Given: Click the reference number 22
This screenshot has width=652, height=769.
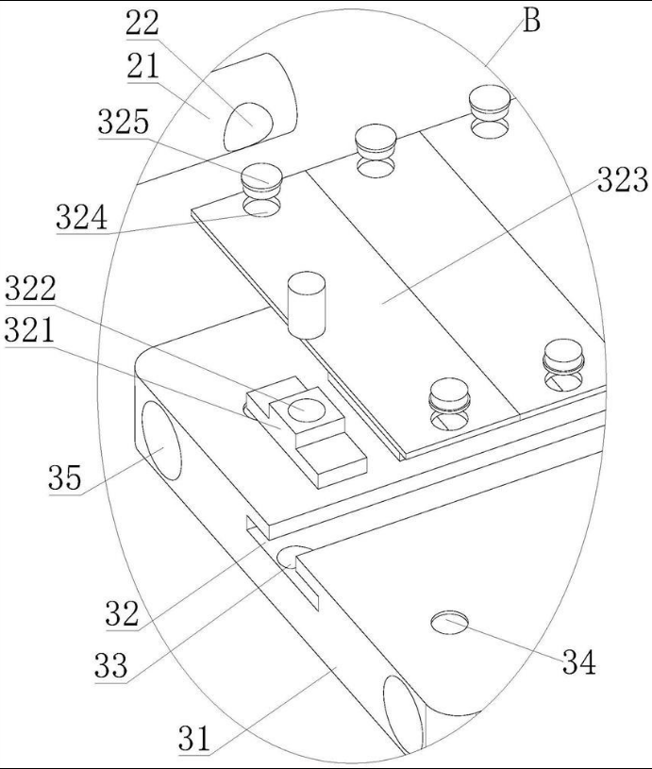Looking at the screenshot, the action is (x=142, y=23).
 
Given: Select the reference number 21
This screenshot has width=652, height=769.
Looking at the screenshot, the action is (x=143, y=66).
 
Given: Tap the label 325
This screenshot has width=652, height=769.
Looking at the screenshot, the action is (x=124, y=122).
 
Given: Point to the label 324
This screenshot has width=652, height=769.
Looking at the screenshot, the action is (x=81, y=217).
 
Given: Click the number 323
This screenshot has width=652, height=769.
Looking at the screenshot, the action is (x=623, y=179).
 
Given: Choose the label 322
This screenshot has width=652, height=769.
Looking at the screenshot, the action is (x=30, y=289).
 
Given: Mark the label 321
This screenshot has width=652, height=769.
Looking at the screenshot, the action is (x=29, y=330).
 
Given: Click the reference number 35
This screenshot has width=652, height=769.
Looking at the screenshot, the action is (x=65, y=477).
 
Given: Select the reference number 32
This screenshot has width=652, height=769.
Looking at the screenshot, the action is (x=122, y=613).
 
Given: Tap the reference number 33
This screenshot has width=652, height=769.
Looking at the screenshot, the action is (x=111, y=665).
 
